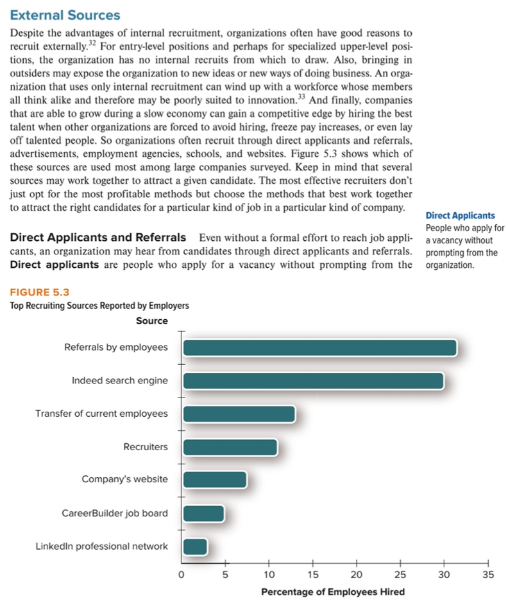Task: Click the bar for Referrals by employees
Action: click(319, 347)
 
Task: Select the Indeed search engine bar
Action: click(313, 381)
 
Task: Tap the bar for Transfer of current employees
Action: click(239, 414)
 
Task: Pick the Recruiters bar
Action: click(230, 447)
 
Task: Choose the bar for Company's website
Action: click(214, 480)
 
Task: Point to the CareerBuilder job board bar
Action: click(203, 513)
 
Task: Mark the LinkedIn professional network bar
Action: click(195, 547)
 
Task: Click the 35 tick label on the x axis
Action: click(487, 575)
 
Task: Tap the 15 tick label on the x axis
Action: click(313, 575)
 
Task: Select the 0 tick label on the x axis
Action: click(182, 575)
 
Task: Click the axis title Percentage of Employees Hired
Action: click(333, 592)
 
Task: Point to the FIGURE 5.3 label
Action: click(40, 294)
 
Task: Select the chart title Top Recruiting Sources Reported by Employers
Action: click(99, 306)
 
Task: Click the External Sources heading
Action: click(65, 14)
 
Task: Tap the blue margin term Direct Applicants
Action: click(460, 216)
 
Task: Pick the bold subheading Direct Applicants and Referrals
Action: click(98, 238)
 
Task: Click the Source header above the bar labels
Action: click(152, 320)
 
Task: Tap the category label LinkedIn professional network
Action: click(101, 547)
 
